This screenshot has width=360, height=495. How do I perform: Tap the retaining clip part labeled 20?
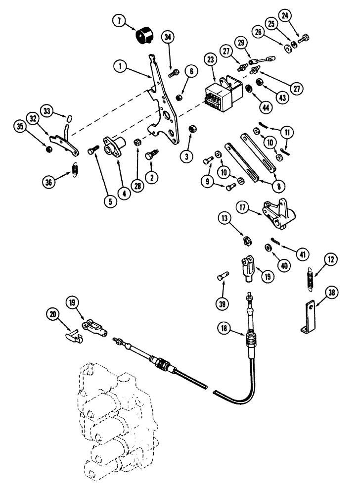[73, 334]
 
